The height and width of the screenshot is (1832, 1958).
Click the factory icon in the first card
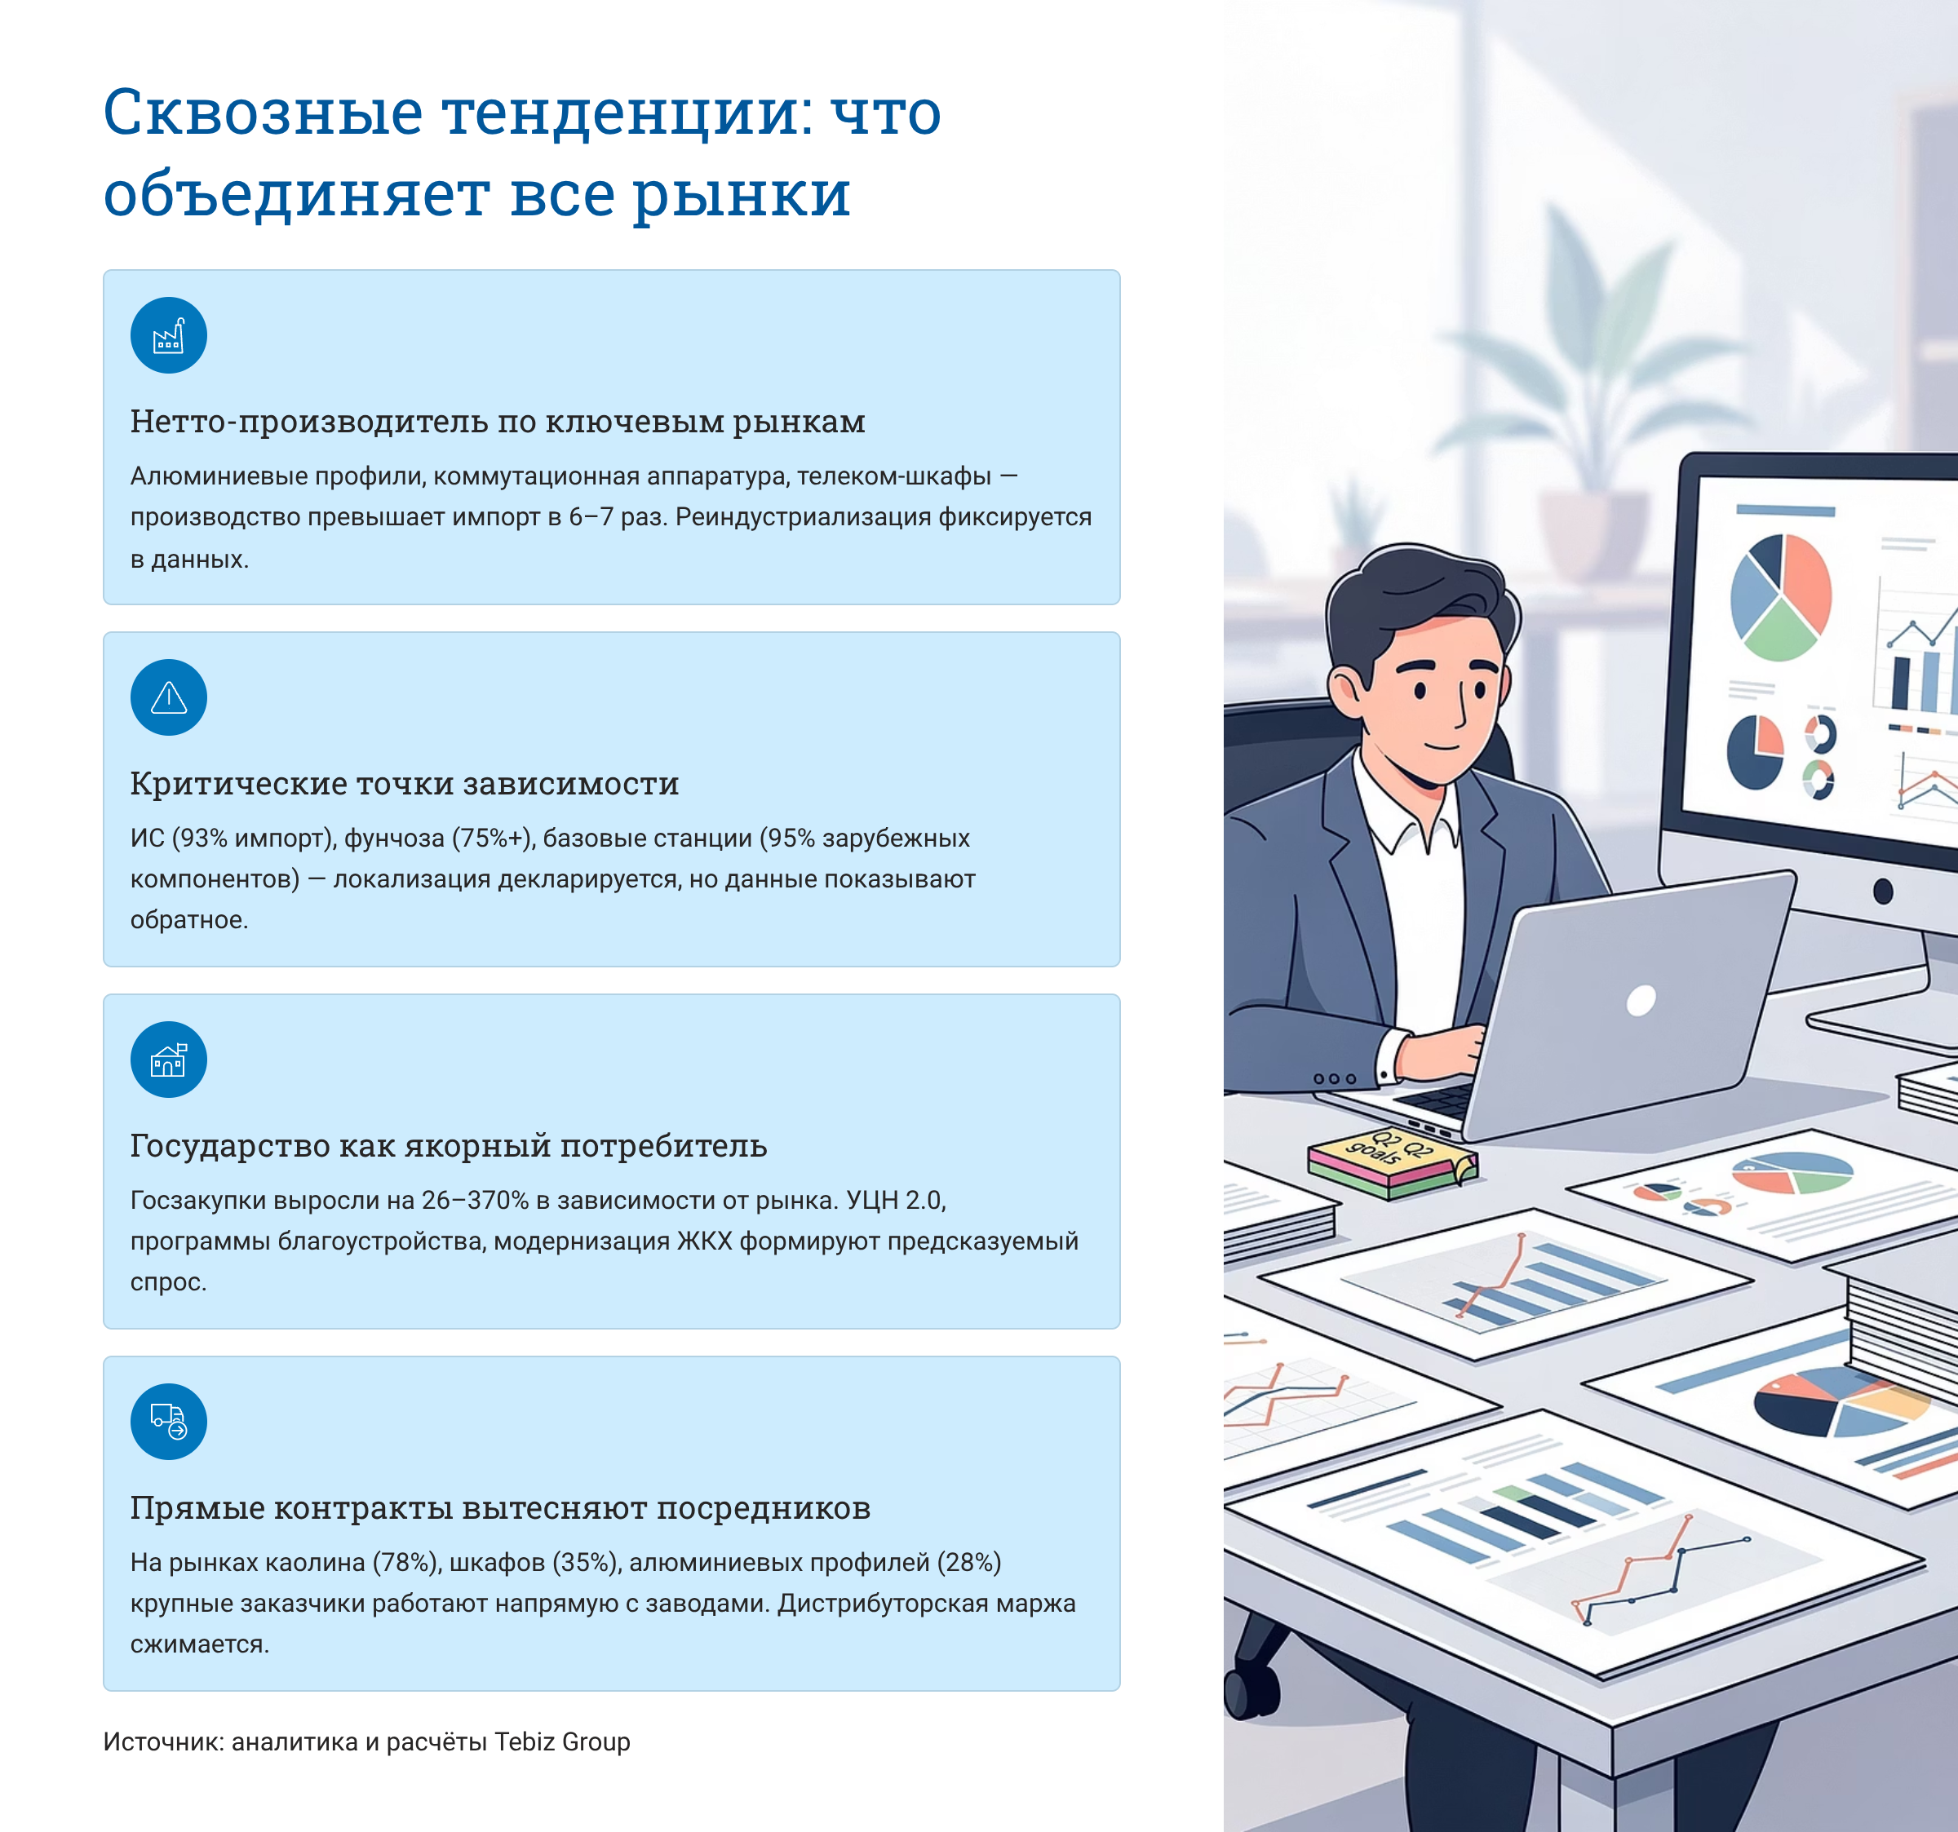tap(168, 336)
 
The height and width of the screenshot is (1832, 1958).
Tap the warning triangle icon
tap(168, 698)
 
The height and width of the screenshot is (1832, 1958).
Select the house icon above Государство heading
tap(168, 1060)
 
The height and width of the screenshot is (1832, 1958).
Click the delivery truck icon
tap(168, 1421)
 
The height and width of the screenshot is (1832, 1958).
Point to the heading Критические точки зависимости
tap(404, 784)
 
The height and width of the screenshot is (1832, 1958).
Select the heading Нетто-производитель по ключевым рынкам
tap(498, 422)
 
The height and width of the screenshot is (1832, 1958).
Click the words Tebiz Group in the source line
tap(561, 1741)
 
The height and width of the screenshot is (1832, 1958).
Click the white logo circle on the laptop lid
tap(1641, 1001)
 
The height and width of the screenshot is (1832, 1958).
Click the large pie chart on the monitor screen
tap(1781, 597)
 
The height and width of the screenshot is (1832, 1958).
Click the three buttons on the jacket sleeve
tap(1335, 1078)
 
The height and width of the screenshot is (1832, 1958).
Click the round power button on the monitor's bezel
tap(1883, 892)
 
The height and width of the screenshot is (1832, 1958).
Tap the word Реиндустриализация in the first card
tap(803, 517)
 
